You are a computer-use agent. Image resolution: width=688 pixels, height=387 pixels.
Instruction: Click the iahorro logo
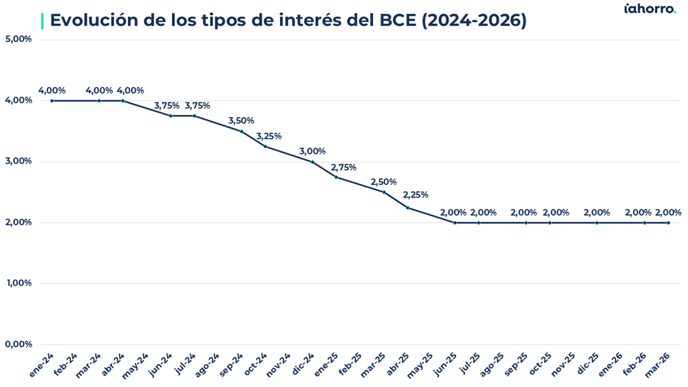(x=649, y=9)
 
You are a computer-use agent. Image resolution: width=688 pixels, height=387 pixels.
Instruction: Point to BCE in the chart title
(x=397, y=21)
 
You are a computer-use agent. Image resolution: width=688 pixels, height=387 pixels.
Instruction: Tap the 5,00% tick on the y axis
(x=19, y=39)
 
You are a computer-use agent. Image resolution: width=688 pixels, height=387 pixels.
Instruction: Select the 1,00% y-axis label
(x=19, y=283)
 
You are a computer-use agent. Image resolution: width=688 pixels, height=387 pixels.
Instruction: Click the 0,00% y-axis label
(x=19, y=344)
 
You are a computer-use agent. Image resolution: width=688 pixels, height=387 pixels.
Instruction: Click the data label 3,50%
(x=241, y=121)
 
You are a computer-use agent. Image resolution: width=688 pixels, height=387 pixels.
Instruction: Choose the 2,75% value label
(x=343, y=167)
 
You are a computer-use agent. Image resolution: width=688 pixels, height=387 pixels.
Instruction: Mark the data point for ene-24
(x=52, y=101)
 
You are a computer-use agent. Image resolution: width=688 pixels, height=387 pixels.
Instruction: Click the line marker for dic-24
(x=312, y=162)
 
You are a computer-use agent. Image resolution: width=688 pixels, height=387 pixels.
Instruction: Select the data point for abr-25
(x=407, y=207)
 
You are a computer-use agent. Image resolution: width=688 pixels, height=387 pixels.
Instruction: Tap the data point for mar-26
(x=668, y=222)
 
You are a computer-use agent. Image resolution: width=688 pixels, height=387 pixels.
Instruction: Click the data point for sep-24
(x=241, y=132)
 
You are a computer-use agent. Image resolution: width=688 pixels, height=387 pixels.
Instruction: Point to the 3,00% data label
(x=312, y=151)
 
